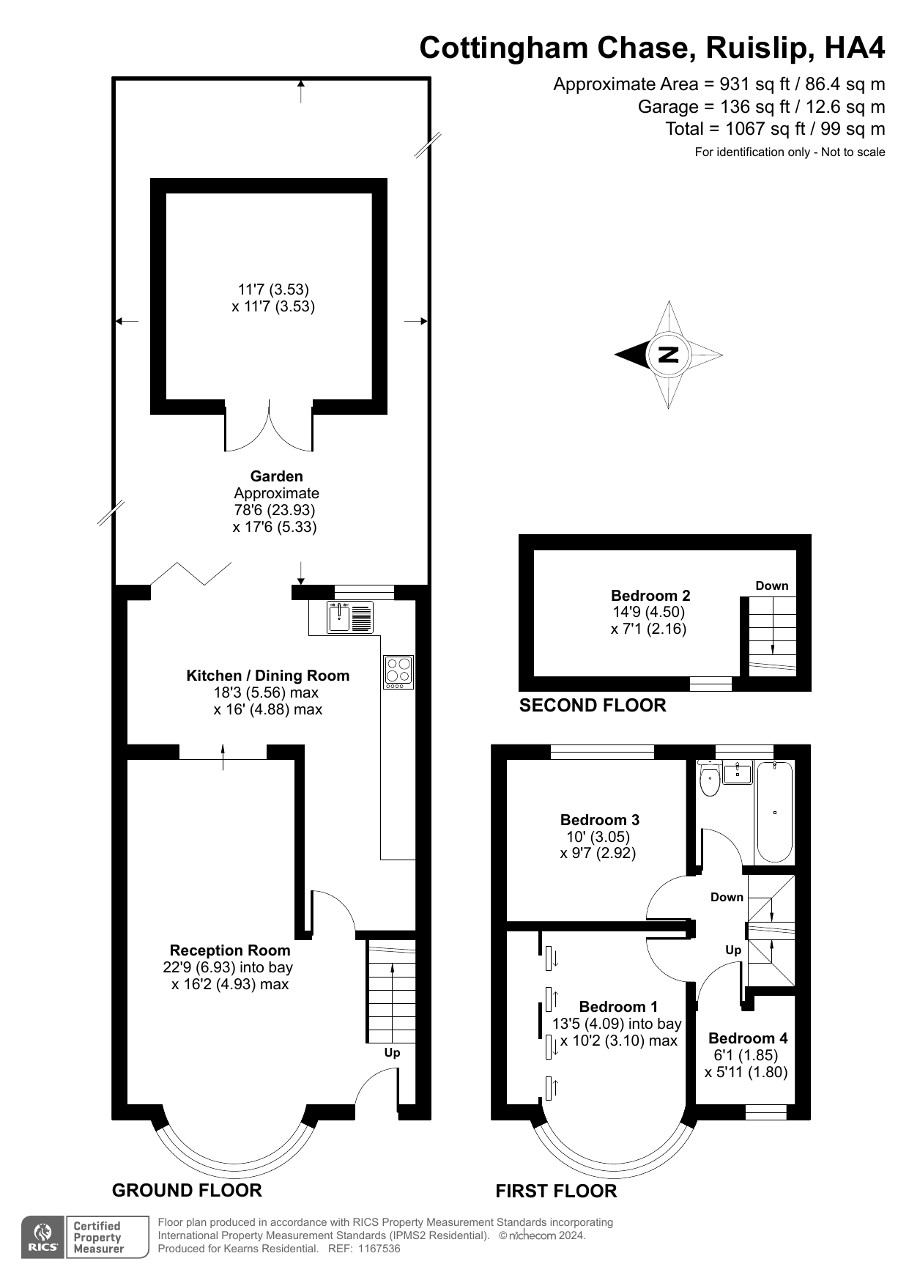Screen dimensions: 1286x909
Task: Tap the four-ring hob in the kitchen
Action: tap(398, 671)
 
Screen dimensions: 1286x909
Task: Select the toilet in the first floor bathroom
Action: tap(709, 781)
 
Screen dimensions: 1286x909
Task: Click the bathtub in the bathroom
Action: tap(774, 812)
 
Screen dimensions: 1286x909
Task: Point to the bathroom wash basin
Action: tap(737, 772)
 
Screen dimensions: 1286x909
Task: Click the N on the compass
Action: tap(668, 355)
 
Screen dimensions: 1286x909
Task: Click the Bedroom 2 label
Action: tap(650, 596)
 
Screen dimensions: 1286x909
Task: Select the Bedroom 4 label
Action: tap(748, 1038)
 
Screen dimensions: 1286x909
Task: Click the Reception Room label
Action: tap(230, 950)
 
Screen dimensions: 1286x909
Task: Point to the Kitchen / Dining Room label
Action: tap(267, 676)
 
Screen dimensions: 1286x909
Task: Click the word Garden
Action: tap(276, 476)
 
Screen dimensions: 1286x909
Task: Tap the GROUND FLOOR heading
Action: tap(187, 1190)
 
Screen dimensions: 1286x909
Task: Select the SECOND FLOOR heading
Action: tap(593, 706)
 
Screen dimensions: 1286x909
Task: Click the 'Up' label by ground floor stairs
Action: tap(392, 1053)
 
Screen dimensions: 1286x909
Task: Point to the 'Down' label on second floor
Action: tap(771, 585)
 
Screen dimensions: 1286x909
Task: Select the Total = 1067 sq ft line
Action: tap(774, 129)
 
